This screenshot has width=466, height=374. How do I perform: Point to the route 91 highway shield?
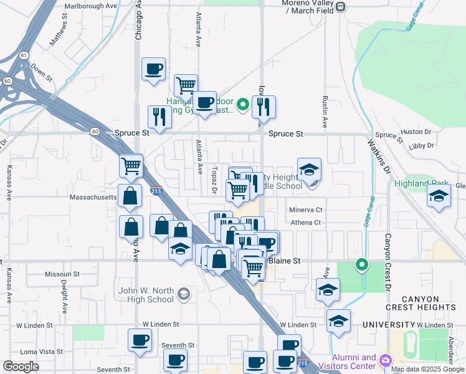[x=23, y=55]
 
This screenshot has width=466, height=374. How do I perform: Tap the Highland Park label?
[x=422, y=184]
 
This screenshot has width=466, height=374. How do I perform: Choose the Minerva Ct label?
[x=305, y=210]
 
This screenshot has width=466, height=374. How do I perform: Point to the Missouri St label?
[x=62, y=274]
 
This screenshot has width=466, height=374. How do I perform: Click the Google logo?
[x=21, y=366]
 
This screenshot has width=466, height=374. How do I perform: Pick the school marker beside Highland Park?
[x=438, y=196]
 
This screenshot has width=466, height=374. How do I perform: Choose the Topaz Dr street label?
[x=214, y=176]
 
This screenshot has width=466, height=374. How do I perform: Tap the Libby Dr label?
[x=422, y=146]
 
